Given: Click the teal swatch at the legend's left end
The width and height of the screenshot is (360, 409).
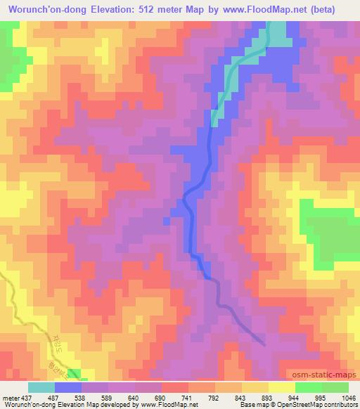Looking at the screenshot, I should [x=41, y=386].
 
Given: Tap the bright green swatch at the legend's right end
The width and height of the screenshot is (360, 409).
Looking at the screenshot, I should [x=335, y=386].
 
